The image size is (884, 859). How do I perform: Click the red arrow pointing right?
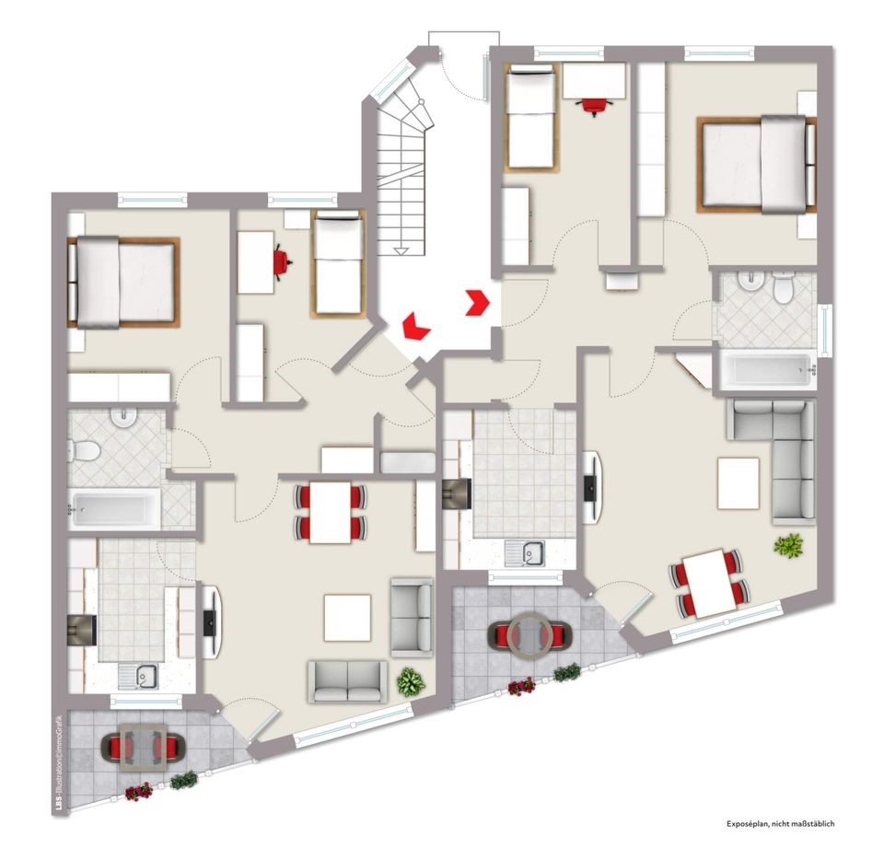[479, 303]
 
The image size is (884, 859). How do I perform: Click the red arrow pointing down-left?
[415, 326]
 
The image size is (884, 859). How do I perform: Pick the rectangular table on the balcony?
[144, 748]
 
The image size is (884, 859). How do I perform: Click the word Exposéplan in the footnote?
[744, 823]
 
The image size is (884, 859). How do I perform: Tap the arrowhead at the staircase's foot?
[401, 250]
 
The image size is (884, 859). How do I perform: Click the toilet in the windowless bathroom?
[84, 451]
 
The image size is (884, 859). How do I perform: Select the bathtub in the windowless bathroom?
[114, 509]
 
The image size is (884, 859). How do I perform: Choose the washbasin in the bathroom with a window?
[750, 280]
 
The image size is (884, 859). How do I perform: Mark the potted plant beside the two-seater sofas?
[411, 682]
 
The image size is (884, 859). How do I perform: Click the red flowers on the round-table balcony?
[521, 686]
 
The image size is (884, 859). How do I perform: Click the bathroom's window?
[825, 331]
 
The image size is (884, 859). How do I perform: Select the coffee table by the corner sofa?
[739, 483]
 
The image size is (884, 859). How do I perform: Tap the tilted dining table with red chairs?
[709, 583]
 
